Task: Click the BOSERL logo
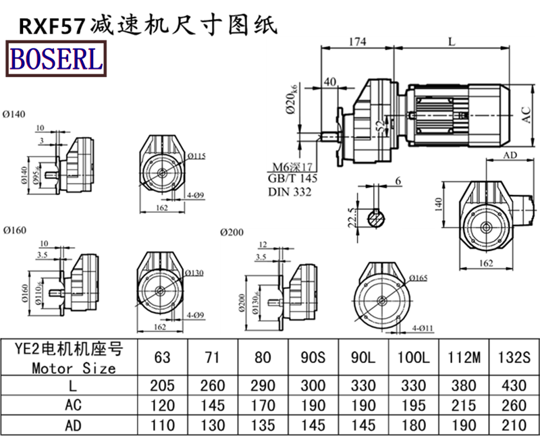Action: pos(56,59)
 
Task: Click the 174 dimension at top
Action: pos(357,41)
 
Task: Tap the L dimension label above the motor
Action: pos(451,41)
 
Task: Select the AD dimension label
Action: pos(510,155)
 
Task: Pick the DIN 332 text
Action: pos(292,193)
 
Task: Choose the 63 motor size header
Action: pos(163,356)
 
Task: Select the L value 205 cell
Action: pos(163,385)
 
